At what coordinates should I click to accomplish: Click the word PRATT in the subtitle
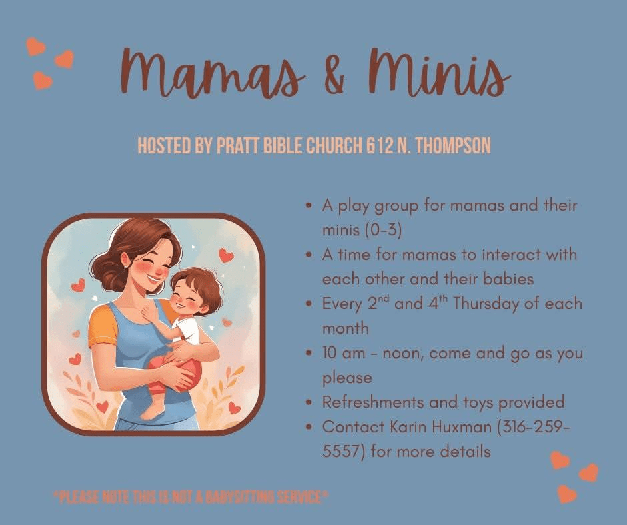tap(238, 145)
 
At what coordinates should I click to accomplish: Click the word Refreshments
tap(373, 402)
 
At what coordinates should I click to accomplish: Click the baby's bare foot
tap(152, 412)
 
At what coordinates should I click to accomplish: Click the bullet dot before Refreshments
tap(309, 402)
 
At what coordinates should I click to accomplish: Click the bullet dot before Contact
tap(309, 427)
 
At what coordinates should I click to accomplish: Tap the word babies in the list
tap(508, 279)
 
